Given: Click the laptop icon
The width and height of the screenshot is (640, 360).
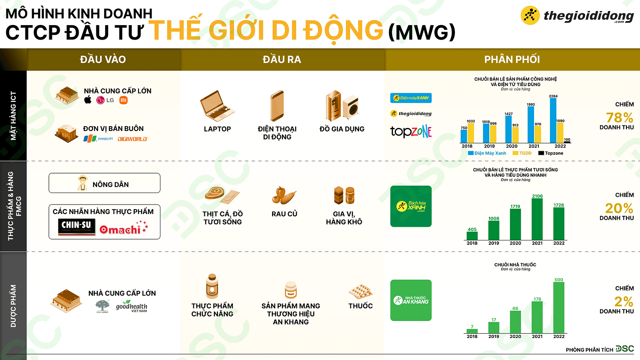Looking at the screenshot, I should click(217, 105).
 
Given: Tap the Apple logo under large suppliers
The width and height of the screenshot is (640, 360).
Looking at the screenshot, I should click(88, 100).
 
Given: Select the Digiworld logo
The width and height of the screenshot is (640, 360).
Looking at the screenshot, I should click(132, 139).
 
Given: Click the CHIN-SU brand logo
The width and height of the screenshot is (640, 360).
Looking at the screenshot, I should click(76, 227).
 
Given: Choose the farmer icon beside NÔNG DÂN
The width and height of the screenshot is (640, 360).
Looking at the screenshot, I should click(82, 183).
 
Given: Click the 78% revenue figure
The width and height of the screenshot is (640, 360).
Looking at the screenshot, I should click(619, 117).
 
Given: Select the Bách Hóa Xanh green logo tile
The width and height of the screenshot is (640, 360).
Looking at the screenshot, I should click(411, 206).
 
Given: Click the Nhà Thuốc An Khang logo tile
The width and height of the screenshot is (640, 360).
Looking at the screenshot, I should click(411, 300).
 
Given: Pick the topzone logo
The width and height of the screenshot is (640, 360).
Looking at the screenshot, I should click(411, 131).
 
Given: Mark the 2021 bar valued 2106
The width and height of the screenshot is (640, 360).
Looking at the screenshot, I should click(537, 222).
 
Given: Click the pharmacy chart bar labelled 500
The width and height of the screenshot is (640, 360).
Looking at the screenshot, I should click(559, 307).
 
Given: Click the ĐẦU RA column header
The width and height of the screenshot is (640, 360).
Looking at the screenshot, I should click(282, 59).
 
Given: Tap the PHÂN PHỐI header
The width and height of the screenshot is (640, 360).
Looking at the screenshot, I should click(512, 59).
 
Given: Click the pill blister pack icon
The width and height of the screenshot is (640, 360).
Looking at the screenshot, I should click(360, 291).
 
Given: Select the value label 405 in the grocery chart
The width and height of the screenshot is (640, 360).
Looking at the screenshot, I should click(472, 229).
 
